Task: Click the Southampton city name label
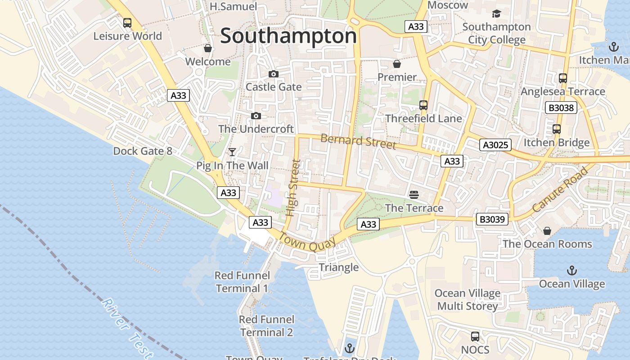pyautogui.click(x=288, y=36)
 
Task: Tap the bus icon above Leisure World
pyautogui.click(x=127, y=22)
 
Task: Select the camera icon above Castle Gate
pyautogui.click(x=273, y=74)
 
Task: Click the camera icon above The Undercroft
pyautogui.click(x=256, y=116)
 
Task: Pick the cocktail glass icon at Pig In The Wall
pyautogui.click(x=232, y=152)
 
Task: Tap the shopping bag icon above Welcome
pyautogui.click(x=208, y=48)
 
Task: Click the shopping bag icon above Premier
pyautogui.click(x=396, y=64)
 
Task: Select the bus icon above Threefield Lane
pyautogui.click(x=423, y=105)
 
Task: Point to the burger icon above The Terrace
pyautogui.click(x=414, y=194)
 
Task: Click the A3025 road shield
pyautogui.click(x=495, y=145)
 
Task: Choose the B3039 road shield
pyautogui.click(x=493, y=220)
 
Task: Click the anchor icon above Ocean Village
pyautogui.click(x=571, y=270)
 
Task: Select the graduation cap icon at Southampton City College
pyautogui.click(x=496, y=14)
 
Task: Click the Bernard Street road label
pyautogui.click(x=358, y=142)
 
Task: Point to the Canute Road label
pyautogui.click(x=560, y=190)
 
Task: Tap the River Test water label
pyautogui.click(x=127, y=328)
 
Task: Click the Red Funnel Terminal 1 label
pyautogui.click(x=242, y=282)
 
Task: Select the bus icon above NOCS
pyautogui.click(x=475, y=336)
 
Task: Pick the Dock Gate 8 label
pyautogui.click(x=143, y=151)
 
